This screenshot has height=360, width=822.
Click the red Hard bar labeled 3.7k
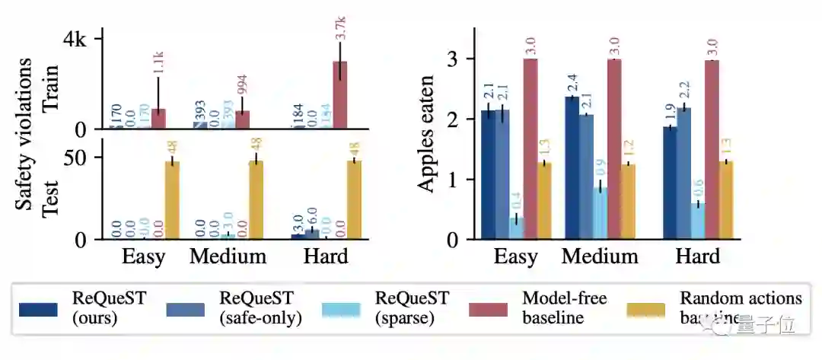(x=339, y=95)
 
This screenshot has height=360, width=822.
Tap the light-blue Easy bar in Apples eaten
(x=517, y=228)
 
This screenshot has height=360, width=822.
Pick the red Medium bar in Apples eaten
(x=614, y=149)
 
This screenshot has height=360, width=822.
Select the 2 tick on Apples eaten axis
(x=458, y=119)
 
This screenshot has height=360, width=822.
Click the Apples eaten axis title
(x=428, y=134)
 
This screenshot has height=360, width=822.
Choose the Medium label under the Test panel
(x=228, y=256)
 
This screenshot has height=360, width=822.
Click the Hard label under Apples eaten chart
(x=697, y=256)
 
